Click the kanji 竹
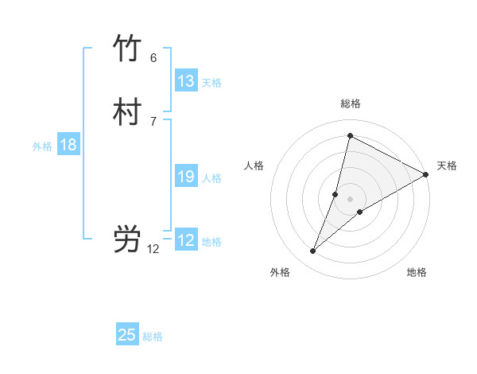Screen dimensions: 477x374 [x=127, y=49]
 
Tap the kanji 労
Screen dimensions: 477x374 [x=127, y=240]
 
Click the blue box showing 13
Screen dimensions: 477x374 [x=186, y=81]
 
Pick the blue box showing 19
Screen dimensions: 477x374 [x=186, y=177]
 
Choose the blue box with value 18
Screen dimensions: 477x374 [x=68, y=145]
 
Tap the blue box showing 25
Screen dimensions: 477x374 [x=127, y=335]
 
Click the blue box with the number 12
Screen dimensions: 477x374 [x=186, y=240]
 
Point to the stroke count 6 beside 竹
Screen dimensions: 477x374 [x=153, y=57]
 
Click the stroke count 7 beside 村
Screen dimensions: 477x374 [x=153, y=121]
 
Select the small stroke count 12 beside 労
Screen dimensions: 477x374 [x=153, y=249]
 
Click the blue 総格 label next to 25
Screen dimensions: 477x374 [x=153, y=337]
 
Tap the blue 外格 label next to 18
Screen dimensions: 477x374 [x=42, y=146]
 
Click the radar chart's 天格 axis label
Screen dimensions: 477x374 [x=447, y=166]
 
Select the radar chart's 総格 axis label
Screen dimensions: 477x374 [x=350, y=103]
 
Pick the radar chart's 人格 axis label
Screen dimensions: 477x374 [x=254, y=166]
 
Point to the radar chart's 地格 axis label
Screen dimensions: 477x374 [x=417, y=273]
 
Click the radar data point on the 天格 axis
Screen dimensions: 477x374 [x=425, y=174]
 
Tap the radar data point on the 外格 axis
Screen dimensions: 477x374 [x=313, y=251]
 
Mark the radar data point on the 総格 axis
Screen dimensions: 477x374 [x=350, y=135]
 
